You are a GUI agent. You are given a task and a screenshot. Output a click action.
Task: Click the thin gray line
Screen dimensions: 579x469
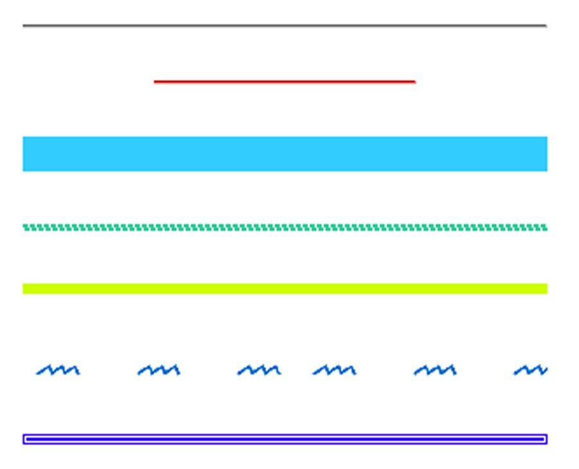pyautogui.click(x=284, y=26)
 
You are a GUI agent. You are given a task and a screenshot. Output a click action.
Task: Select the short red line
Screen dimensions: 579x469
pyautogui.click(x=284, y=82)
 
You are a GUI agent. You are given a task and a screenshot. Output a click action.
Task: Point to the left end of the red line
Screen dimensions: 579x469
pyautogui.click(x=155, y=82)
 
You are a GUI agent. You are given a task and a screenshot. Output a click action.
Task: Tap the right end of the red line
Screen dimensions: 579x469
pyautogui.click(x=414, y=82)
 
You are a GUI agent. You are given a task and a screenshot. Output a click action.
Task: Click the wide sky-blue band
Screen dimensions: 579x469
pyautogui.click(x=284, y=154)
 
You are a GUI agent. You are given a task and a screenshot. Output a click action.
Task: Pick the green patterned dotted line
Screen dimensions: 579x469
pyautogui.click(x=284, y=228)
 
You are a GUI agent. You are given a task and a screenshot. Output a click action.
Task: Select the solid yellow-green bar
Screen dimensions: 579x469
pyautogui.click(x=284, y=289)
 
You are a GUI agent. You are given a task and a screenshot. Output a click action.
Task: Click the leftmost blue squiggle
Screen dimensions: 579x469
pyautogui.click(x=58, y=371)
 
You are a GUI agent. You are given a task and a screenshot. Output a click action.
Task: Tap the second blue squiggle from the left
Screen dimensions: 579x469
pyautogui.click(x=159, y=371)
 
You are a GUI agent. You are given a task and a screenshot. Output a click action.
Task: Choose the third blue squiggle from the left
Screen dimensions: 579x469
pyautogui.click(x=259, y=371)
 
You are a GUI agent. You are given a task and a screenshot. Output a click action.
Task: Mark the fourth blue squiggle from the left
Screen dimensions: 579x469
pyautogui.click(x=335, y=371)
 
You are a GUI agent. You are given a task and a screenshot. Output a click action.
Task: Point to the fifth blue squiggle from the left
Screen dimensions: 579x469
pyautogui.click(x=435, y=371)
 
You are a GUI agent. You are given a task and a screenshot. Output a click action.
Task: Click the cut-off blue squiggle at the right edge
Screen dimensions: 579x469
pyautogui.click(x=531, y=371)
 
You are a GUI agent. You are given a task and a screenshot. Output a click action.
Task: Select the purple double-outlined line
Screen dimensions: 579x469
pyautogui.click(x=284, y=439)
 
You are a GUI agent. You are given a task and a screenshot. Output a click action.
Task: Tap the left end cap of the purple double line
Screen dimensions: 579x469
pyautogui.click(x=24, y=439)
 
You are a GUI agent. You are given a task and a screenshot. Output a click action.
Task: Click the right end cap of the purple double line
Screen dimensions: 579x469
pyautogui.click(x=546, y=439)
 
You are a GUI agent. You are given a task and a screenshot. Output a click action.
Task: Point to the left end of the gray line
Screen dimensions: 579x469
pyautogui.click(x=24, y=26)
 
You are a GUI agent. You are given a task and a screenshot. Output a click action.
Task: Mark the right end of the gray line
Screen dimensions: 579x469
pyautogui.click(x=546, y=26)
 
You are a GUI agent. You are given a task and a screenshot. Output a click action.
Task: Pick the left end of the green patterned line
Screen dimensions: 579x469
pyautogui.click(x=24, y=228)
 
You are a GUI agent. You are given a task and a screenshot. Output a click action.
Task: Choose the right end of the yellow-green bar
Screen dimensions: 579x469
pyautogui.click(x=546, y=289)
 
